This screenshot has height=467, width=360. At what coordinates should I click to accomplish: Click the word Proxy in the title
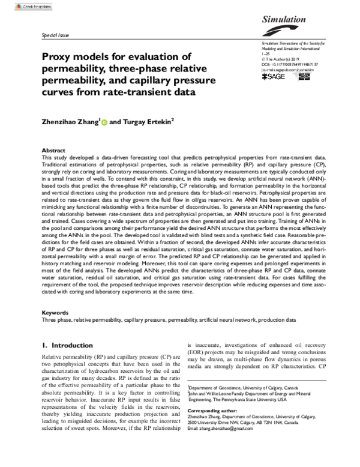pyautogui.click(x=58, y=56)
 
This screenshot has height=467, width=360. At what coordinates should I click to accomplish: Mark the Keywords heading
pyautogui.click(x=53, y=313)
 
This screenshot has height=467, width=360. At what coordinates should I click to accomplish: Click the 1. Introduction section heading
pyautogui.click(x=67, y=346)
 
